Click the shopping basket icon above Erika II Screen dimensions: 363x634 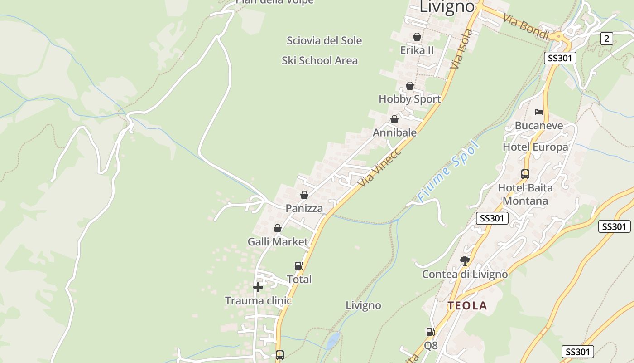point(417,37)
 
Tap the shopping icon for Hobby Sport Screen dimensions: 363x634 point(410,86)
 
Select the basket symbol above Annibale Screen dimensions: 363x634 point(394,119)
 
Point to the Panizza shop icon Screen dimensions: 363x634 point(304,195)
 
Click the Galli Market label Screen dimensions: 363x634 point(278,242)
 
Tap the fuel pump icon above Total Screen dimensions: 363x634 point(299,266)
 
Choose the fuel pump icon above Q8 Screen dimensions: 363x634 point(430,332)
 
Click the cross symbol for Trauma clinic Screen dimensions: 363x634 point(258,287)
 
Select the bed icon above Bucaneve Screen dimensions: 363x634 point(538,112)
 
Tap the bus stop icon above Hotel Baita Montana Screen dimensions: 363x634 point(525,174)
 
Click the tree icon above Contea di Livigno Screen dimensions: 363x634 point(465,260)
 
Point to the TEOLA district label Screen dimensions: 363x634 point(467,306)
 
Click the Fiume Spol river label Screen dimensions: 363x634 point(448,171)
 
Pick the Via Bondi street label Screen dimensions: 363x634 point(526,27)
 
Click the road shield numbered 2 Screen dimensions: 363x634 point(607,39)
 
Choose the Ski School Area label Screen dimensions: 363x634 point(320,60)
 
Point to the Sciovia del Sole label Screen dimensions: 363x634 point(324,40)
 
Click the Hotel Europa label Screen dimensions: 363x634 point(535,147)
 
